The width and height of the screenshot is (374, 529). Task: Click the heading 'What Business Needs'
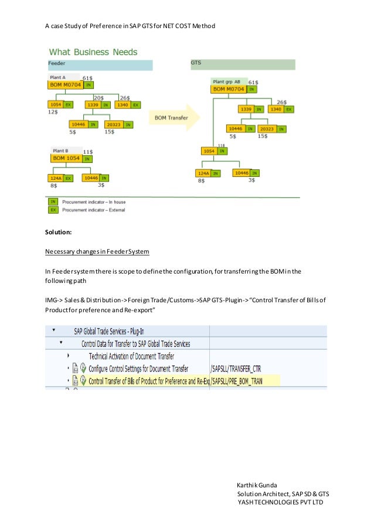pyautogui.click(x=93, y=52)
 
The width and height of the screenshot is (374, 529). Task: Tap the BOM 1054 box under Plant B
pyautogui.click(x=66, y=158)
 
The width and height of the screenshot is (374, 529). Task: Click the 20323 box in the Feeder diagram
pyautogui.click(x=114, y=124)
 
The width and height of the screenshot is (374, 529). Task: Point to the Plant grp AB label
pyautogui.click(x=226, y=81)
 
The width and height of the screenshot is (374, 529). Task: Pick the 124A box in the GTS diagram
pyautogui.click(x=203, y=173)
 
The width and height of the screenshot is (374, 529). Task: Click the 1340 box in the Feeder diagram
pyautogui.click(x=123, y=105)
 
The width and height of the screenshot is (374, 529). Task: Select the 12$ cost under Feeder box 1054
pyautogui.click(x=52, y=111)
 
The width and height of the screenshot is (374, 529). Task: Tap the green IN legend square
pyautogui.click(x=53, y=201)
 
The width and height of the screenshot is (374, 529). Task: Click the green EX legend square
pyautogui.click(x=53, y=209)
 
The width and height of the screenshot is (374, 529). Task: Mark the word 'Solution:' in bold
pyautogui.click(x=58, y=233)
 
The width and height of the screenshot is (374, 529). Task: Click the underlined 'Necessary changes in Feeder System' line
pyautogui.click(x=97, y=252)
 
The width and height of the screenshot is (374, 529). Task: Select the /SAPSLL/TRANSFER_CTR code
pyautogui.click(x=235, y=368)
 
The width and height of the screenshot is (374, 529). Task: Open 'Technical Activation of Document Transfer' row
pyautogui.click(x=131, y=356)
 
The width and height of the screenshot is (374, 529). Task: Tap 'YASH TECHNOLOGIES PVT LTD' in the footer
pyautogui.click(x=280, y=502)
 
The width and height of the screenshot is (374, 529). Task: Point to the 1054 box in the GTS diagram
pyautogui.click(x=208, y=151)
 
